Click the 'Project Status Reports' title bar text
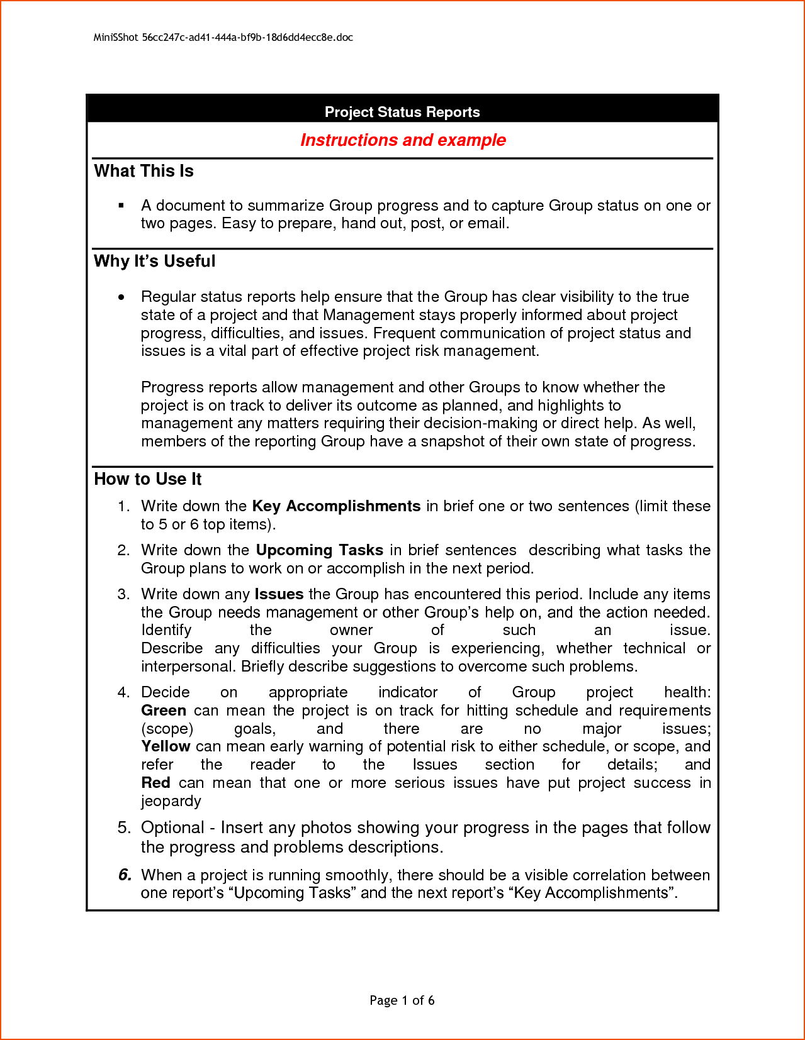pos(402,112)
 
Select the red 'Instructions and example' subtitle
pos(403,140)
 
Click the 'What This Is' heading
pos(144,171)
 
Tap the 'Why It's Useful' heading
pos(155,261)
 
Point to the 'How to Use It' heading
pos(148,479)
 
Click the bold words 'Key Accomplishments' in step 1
pos(336,506)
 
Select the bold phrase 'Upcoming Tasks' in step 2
pos(320,550)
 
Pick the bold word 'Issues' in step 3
pos(279,594)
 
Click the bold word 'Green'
pos(164,711)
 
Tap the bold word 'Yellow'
pos(166,746)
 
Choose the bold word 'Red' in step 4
pos(155,783)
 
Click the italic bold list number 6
pos(125,875)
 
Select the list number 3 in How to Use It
pos(123,594)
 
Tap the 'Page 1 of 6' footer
pos(402,1000)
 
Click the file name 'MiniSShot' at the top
pos(116,38)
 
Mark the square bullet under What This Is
pos(121,206)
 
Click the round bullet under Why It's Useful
pos(121,297)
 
